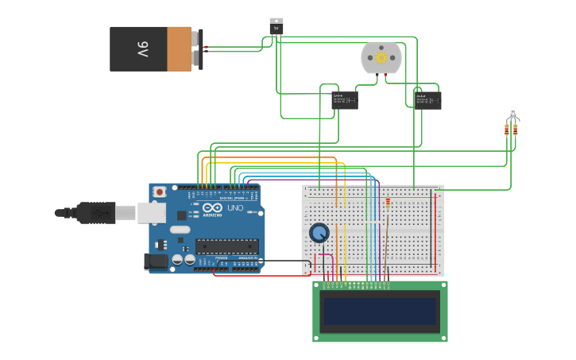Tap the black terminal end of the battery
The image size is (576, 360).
pyautogui.click(x=199, y=49)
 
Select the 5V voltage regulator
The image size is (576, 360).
pyautogui.click(x=276, y=26)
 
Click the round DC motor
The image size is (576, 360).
pyautogui.click(x=381, y=58)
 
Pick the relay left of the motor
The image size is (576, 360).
pyautogui.click(x=344, y=100)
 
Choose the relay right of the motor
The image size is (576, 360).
pyautogui.click(x=428, y=100)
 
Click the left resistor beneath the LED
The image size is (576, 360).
pyautogui.click(x=507, y=130)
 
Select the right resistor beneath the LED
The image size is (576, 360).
pyautogui.click(x=515, y=130)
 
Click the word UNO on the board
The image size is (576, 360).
pyautogui.click(x=235, y=208)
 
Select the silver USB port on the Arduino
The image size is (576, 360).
pyautogui.click(x=151, y=212)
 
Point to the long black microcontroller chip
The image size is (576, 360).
pyautogui.click(x=226, y=246)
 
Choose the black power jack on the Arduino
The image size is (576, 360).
pyautogui.click(x=157, y=261)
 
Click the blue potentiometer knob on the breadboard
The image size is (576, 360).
pyautogui.click(x=319, y=233)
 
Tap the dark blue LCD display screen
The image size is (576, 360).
pyautogui.click(x=380, y=311)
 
